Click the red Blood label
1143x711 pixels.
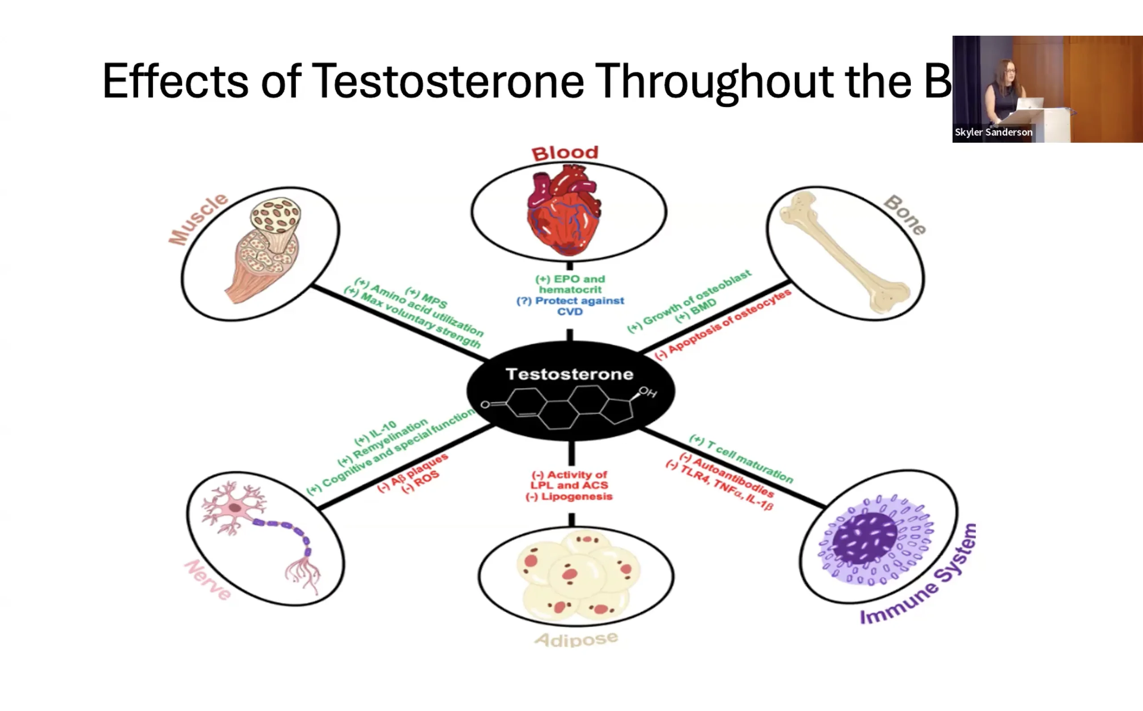pyautogui.click(x=565, y=153)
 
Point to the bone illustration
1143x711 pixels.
pyautogui.click(x=845, y=253)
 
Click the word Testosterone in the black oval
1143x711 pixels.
pyautogui.click(x=569, y=374)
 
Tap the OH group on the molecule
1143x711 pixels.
pyautogui.click(x=648, y=392)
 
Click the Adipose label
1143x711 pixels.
pyautogui.click(x=576, y=640)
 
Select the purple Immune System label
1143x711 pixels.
pyautogui.click(x=918, y=576)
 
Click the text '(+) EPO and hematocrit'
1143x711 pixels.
pyautogui.click(x=570, y=284)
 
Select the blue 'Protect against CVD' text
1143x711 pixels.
pyautogui.click(x=570, y=306)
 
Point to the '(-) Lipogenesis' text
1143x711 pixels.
pyautogui.click(x=569, y=496)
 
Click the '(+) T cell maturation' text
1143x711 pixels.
pyautogui.click(x=741, y=459)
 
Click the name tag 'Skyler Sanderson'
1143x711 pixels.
pyautogui.click(x=993, y=132)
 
